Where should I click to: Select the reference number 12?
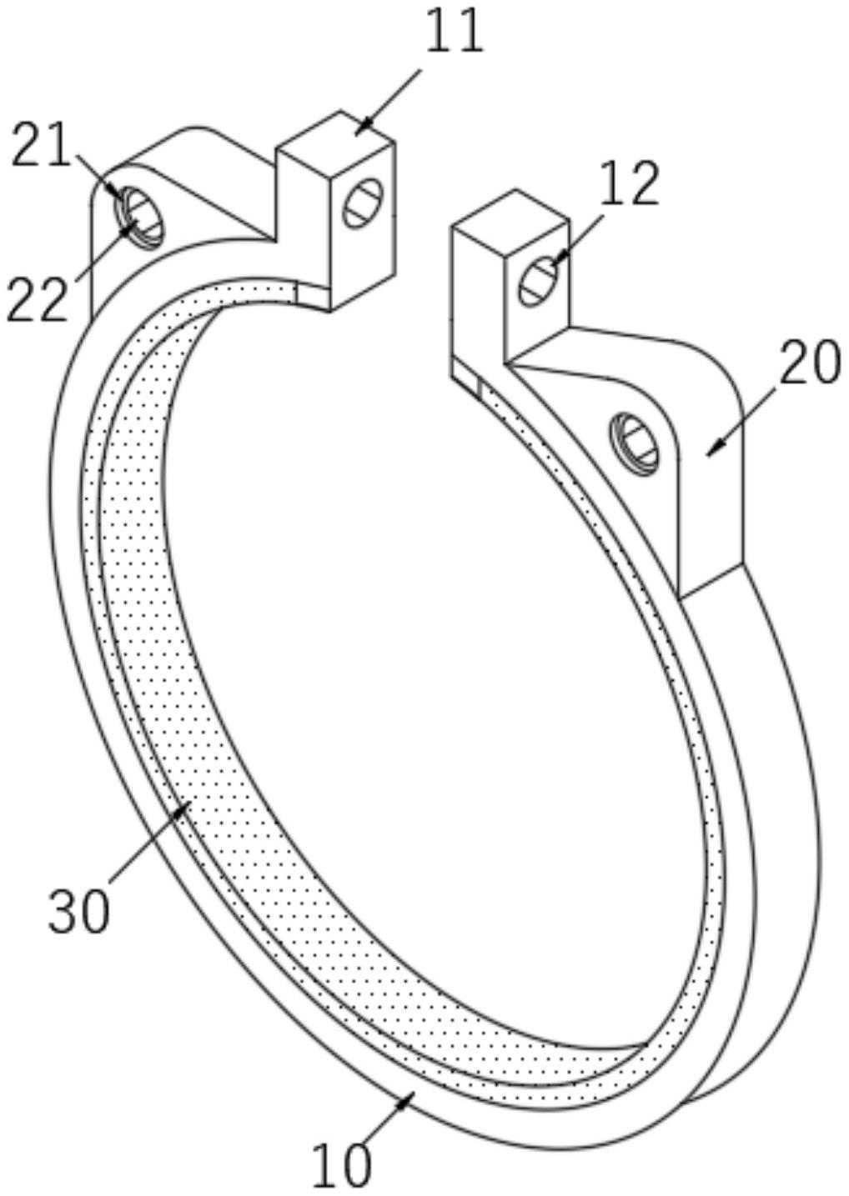coord(630,183)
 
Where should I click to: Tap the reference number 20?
coord(808,364)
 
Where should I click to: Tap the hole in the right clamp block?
coord(538,281)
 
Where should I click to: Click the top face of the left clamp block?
coord(335,134)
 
